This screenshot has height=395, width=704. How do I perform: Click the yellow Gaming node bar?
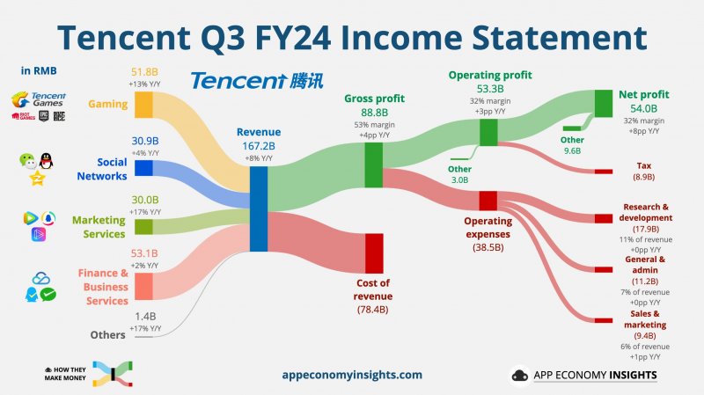pyautogui.click(x=143, y=105)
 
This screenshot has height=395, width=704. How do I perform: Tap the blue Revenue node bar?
pyautogui.click(x=259, y=208)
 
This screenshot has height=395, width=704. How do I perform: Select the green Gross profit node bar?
pyautogui.click(x=373, y=165)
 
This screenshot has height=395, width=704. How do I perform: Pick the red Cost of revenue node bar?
pyautogui.click(x=374, y=253)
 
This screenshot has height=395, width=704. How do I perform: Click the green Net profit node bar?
pyautogui.click(x=604, y=104)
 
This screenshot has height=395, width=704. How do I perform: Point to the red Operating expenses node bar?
pyautogui.click(x=488, y=201)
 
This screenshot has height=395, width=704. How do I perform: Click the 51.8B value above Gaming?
pyautogui.click(x=143, y=72)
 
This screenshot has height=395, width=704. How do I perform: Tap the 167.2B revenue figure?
pyautogui.click(x=258, y=146)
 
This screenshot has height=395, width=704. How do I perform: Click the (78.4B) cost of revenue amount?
pyautogui.click(x=374, y=310)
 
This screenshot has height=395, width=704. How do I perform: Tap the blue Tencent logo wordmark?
pyautogui.click(x=238, y=81)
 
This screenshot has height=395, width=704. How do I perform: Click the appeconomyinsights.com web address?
pyautogui.click(x=352, y=375)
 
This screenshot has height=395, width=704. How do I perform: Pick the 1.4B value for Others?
pyautogui.click(x=143, y=315)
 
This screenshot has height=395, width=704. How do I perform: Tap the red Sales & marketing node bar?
pyautogui.click(x=604, y=319)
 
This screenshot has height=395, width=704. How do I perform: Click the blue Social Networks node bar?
pyautogui.click(x=143, y=168)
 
